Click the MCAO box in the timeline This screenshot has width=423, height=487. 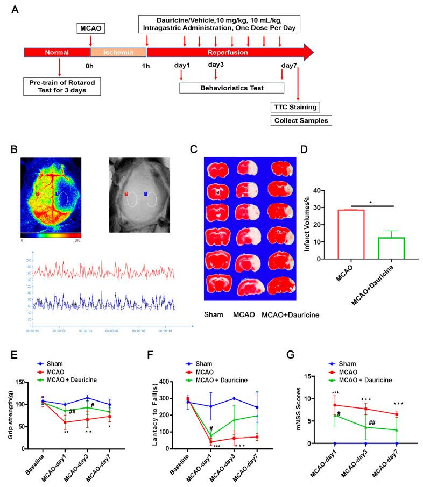(x=90, y=27)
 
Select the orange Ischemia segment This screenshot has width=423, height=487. (x=118, y=53)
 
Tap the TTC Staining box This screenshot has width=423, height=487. (x=299, y=107)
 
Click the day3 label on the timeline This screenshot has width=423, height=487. (x=216, y=65)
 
